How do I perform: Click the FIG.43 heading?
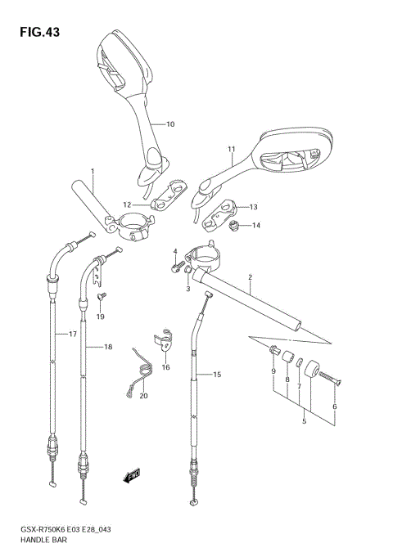35,32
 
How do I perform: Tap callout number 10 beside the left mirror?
170,124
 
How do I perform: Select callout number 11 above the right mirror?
231,149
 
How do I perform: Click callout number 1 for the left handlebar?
93,172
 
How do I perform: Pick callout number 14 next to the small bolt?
255,225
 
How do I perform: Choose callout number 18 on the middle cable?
108,348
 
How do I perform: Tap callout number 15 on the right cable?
217,375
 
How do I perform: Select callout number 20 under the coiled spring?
144,397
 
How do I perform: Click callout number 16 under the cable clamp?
165,368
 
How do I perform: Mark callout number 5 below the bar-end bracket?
304,422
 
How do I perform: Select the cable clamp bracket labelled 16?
165,340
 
